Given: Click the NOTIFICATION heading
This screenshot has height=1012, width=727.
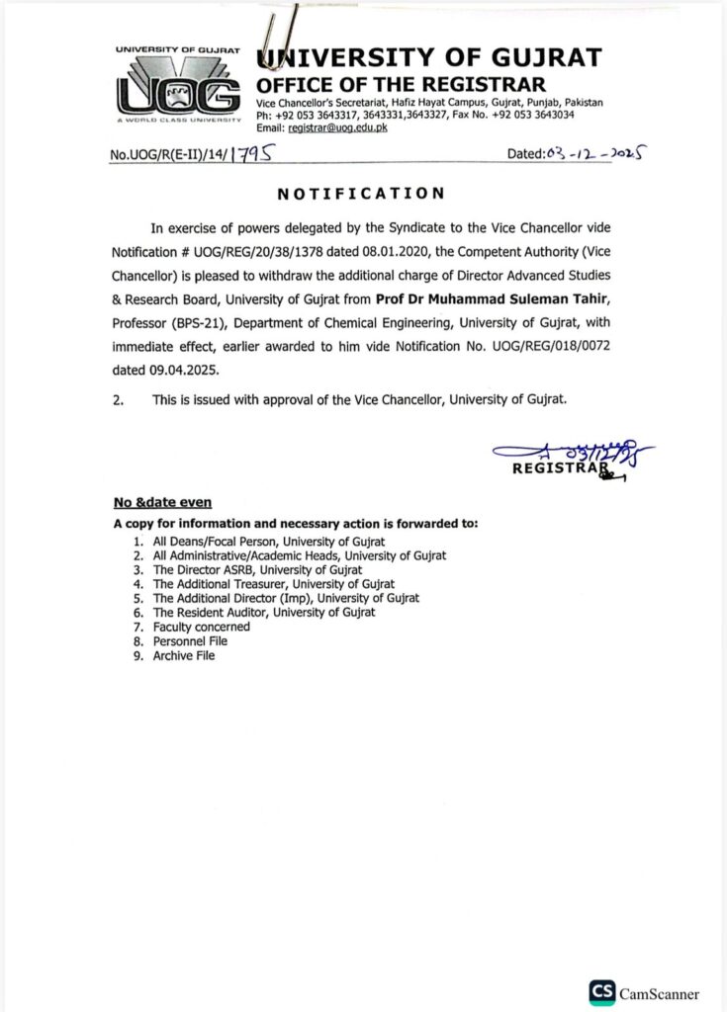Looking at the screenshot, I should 361,194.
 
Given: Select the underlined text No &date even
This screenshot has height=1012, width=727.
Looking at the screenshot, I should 162,502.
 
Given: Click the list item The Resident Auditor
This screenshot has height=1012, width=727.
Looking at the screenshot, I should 263,613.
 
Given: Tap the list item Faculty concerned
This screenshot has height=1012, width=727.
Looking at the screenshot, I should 201,627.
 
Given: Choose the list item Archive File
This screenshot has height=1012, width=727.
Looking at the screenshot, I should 183,655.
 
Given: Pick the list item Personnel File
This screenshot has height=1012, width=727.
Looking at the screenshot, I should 189,641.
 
